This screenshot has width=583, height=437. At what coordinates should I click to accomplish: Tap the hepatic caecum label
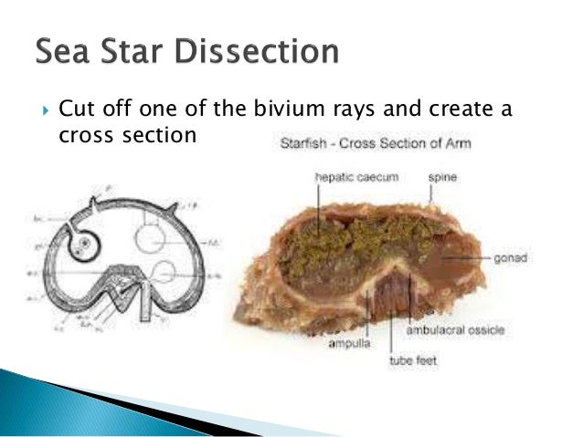tap(355, 177)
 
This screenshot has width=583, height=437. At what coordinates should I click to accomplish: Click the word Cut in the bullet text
tap(75, 110)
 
